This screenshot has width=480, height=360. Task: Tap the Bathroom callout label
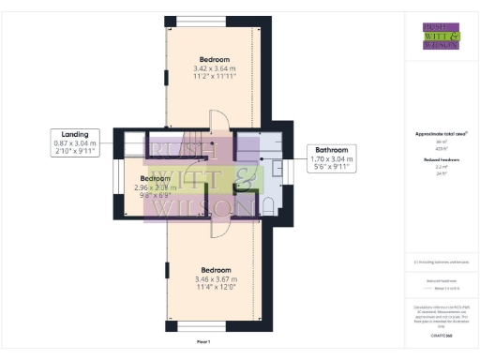pos(333,150)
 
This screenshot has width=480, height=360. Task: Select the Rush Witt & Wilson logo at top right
pos(441,36)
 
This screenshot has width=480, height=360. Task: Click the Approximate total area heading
pos(441,134)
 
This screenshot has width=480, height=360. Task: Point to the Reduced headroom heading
pos(441,160)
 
